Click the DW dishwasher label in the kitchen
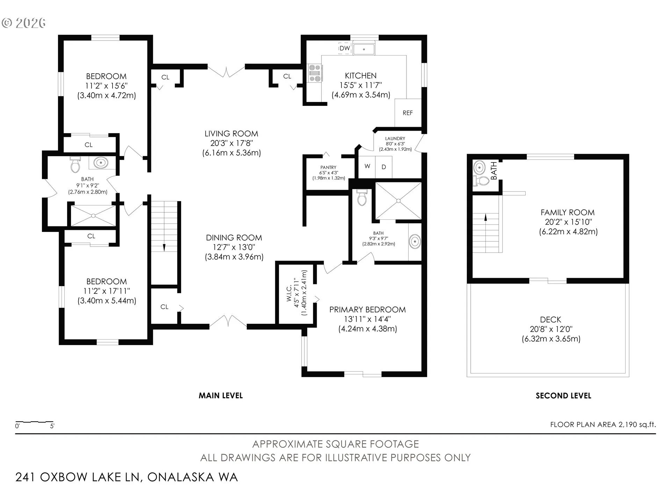(345, 48)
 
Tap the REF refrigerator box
(408, 113)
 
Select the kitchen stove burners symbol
(315, 73)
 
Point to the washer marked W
(367, 166)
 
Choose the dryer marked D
(384, 167)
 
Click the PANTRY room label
(329, 168)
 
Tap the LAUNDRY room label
(395, 139)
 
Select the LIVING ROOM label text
(231, 133)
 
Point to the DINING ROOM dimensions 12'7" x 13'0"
(234, 247)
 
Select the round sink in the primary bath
(415, 242)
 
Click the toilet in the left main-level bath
(75, 164)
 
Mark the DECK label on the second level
(551, 320)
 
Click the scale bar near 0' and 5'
(35, 422)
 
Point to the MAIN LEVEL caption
(221, 396)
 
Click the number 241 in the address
(25, 477)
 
